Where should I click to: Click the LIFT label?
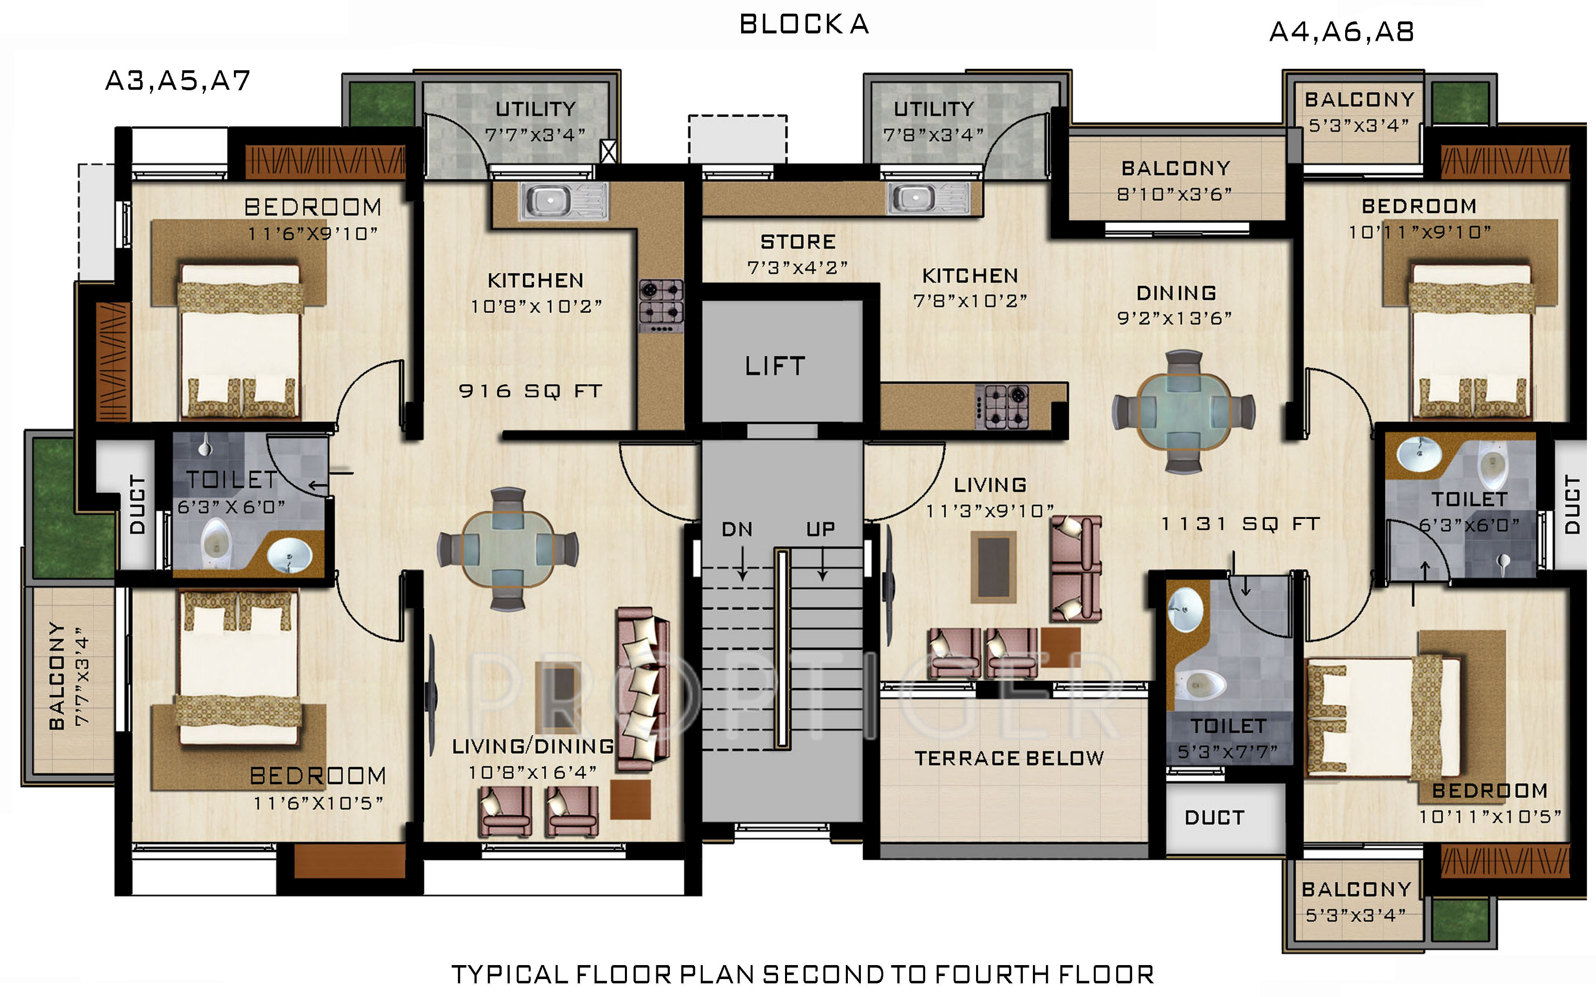coord(775,366)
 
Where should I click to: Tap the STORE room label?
coord(798,242)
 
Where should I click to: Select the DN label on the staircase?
coord(737,529)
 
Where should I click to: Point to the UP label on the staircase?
coord(820,529)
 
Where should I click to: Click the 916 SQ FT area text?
coord(530,391)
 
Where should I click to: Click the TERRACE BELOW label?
coord(1009,758)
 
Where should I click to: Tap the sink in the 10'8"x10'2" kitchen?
coord(564,200)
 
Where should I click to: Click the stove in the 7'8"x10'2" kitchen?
coord(1002,407)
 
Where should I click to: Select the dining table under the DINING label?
coord(1184,412)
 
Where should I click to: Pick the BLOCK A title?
coord(804,24)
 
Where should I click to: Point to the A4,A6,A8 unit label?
coord(1342,31)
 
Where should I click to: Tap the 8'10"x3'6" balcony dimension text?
coord(1175,194)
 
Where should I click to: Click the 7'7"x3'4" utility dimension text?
coord(535,135)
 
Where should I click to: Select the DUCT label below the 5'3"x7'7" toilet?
coord(1215,818)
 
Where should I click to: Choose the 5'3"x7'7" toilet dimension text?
coord(1228,752)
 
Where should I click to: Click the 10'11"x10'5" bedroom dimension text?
coord(1490,817)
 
